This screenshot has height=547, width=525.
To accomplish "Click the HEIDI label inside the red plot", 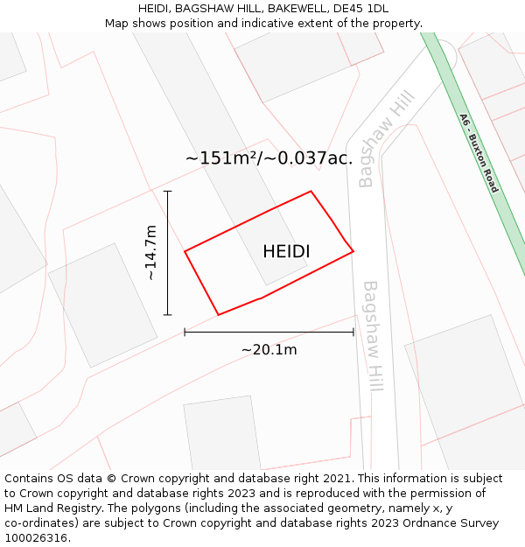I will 286,252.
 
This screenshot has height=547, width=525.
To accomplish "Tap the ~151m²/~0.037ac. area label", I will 269,158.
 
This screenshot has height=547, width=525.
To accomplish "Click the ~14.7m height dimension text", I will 150,252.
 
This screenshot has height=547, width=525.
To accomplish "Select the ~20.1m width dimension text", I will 269,350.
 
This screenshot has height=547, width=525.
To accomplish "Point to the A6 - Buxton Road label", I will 479,153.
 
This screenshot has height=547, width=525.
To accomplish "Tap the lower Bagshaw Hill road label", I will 374,335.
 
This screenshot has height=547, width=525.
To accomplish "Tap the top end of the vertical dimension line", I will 167,191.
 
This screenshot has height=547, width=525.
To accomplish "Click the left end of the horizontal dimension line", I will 185,332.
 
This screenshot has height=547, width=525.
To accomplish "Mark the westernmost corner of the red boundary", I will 185,252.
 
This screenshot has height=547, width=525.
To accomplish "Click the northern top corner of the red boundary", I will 311,191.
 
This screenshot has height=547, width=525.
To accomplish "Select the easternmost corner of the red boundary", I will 353,252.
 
